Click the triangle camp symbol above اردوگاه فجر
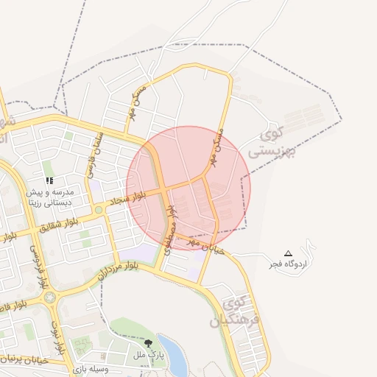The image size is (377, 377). pyautogui.click(x=288, y=253)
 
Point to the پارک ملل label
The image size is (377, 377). pyautogui.click(x=149, y=355)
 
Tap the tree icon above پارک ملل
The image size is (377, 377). pyautogui.click(x=149, y=343)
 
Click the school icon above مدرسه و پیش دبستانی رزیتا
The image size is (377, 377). pyautogui.click(x=49, y=180)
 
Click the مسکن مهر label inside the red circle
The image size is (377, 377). pyautogui.click(x=219, y=151)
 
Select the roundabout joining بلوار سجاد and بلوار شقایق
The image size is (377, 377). pyautogui.click(x=99, y=211)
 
